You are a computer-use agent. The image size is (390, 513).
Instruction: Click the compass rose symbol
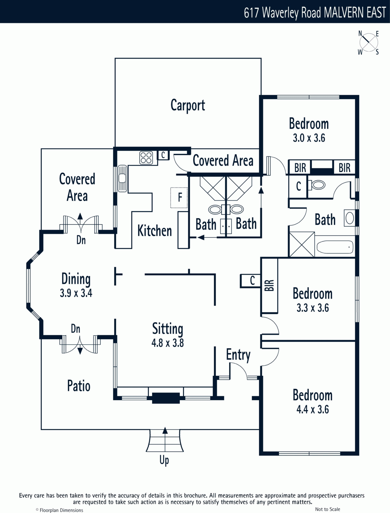tap(369, 43)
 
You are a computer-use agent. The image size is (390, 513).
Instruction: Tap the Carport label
tap(188, 105)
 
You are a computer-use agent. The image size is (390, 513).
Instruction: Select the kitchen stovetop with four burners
tap(146, 158)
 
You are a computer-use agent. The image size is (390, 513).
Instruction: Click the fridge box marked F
tap(179, 198)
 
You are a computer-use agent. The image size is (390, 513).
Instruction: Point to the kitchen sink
tap(122, 179)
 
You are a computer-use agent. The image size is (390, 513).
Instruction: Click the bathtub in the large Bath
tap(335, 247)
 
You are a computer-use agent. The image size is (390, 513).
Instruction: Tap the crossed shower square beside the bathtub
tap(302, 244)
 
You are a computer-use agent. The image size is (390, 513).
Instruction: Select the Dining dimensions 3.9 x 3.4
tap(76, 293)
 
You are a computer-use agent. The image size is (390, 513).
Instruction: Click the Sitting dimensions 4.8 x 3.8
tap(168, 343)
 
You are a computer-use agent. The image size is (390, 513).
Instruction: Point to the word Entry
tap(238, 355)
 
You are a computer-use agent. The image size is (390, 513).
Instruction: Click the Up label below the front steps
tap(164, 460)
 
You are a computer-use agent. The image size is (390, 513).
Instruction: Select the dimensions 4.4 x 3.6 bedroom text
tap(312, 409)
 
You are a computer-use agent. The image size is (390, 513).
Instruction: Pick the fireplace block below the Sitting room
tap(166, 398)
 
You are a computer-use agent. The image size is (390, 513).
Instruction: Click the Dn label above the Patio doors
tap(75, 329)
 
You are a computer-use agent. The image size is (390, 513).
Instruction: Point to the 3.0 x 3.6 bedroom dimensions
tap(309, 138)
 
